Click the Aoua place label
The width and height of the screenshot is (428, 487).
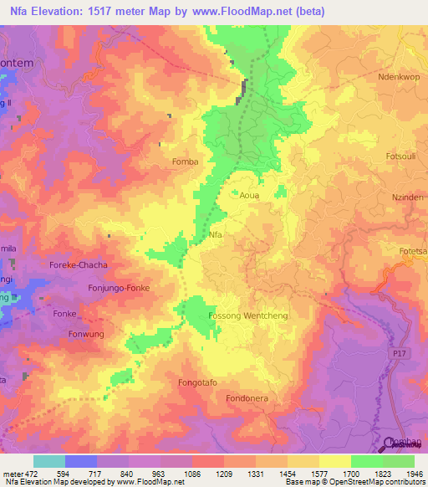point(250,196)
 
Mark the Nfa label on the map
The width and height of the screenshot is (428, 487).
point(217,235)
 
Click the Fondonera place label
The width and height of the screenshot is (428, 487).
point(247,398)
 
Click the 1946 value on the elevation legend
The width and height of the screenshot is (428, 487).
point(411,474)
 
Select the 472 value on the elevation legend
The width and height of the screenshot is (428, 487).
point(30,474)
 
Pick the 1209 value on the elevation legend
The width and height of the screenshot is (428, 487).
point(223,474)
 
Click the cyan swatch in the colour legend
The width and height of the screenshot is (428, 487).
point(48,461)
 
